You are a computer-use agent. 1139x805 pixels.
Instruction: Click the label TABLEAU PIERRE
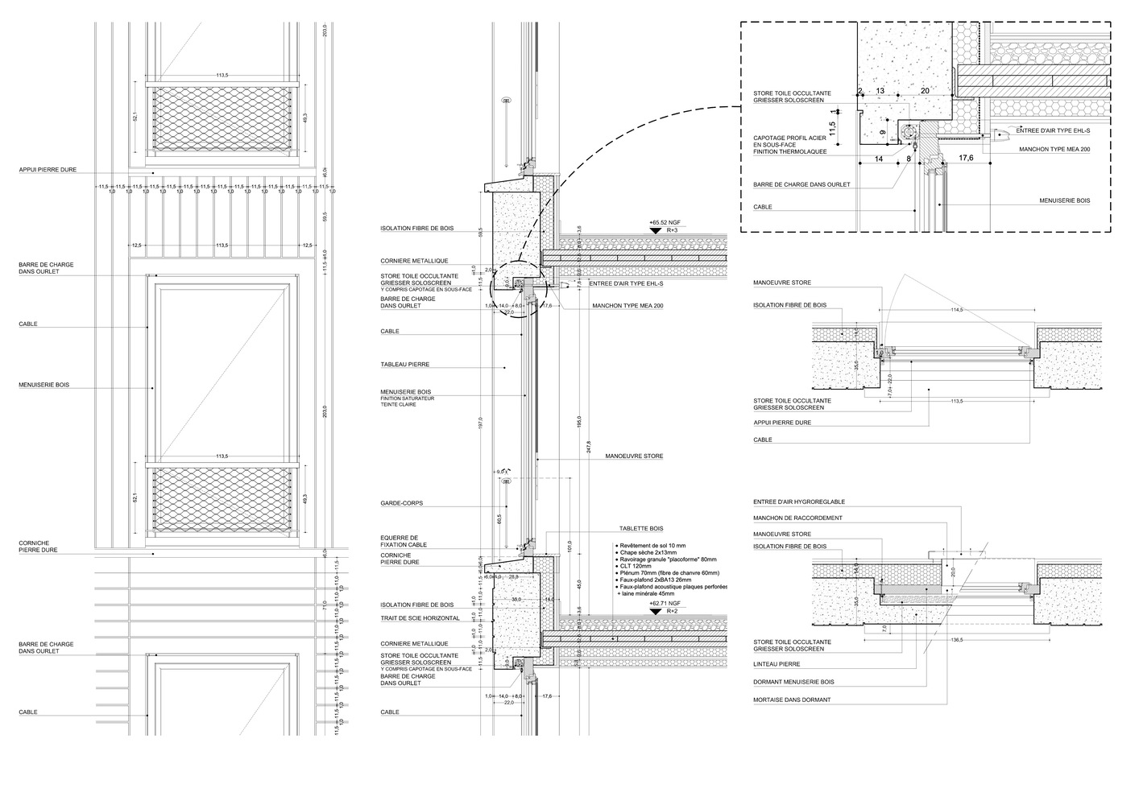[x=405, y=365]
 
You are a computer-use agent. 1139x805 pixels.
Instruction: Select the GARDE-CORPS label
[x=402, y=503]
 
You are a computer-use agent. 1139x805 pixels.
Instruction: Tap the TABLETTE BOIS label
[x=641, y=529]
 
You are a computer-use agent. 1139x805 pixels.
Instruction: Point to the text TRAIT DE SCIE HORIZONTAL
[x=420, y=618]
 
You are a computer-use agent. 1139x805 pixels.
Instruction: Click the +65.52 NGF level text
[x=664, y=221]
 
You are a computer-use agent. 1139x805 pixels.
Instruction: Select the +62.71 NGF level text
[x=664, y=603]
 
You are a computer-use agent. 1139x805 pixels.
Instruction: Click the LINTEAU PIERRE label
[x=777, y=665]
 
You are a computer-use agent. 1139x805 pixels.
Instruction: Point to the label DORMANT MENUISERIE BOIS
[x=793, y=682]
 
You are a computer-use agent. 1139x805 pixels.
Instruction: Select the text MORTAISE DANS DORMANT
[x=792, y=700]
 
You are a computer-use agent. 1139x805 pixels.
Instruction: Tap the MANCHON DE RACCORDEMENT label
[x=797, y=518]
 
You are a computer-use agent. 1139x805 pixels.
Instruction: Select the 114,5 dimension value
[x=957, y=310]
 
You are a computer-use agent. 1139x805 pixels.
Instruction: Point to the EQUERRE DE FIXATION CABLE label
[x=400, y=541]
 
